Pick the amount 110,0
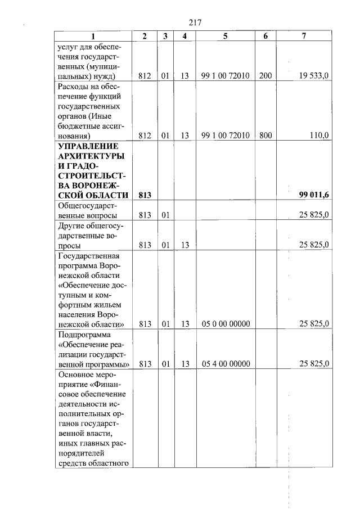tap(319, 136)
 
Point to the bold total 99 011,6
tap(314, 195)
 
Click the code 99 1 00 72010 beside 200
tap(225, 76)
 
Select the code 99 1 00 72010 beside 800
tap(225, 136)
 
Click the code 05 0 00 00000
tap(225, 323)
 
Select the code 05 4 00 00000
tap(225, 363)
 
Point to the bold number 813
tap(145, 195)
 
